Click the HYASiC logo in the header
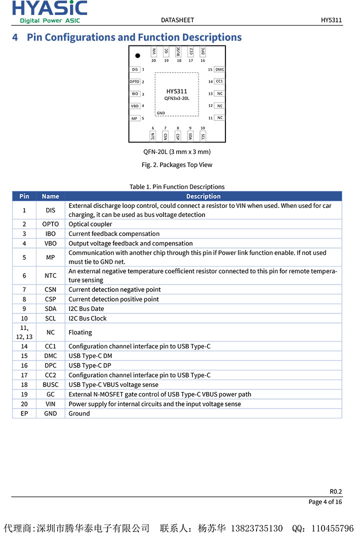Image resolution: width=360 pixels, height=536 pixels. point(49,11)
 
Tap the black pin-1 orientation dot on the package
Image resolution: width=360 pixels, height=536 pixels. point(137,55)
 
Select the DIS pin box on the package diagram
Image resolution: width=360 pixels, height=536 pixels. point(134,70)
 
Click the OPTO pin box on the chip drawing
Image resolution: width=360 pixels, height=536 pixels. point(134,82)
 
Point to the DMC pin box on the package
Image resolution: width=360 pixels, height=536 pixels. point(219,70)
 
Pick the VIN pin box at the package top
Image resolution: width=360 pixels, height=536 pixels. point(154,51)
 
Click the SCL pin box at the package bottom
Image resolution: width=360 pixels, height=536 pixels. point(203,136)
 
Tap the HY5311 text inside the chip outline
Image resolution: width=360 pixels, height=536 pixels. point(176,91)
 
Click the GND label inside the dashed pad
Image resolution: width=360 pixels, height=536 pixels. point(160,113)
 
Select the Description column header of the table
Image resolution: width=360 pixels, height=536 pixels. point(203,196)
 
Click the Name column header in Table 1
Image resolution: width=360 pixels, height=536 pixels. point(50,196)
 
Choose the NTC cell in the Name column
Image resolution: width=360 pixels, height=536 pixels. point(50,275)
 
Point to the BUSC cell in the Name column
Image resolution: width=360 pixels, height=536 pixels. point(50,385)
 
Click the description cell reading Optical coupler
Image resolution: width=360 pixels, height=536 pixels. point(90,224)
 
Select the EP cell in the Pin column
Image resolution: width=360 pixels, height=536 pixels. point(24,413)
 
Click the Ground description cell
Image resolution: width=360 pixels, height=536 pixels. point(79,413)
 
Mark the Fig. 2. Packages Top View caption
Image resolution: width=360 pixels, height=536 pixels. point(177,165)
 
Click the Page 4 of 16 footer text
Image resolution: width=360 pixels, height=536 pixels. point(325,502)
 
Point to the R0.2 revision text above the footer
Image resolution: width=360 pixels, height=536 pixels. point(335,491)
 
